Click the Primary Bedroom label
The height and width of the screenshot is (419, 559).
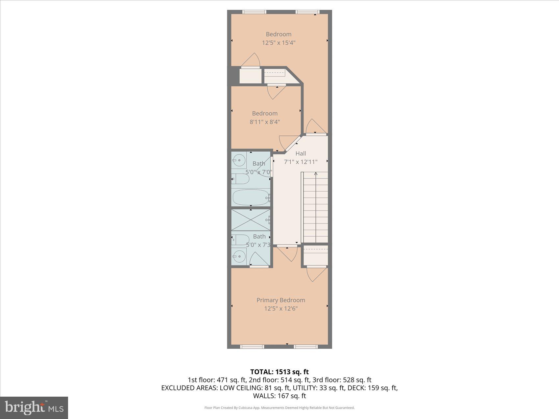(x=280, y=300)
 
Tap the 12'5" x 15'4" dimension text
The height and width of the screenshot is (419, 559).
(x=279, y=43)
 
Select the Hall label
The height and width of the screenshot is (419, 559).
(x=301, y=153)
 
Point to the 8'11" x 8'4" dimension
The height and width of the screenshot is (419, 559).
(x=265, y=122)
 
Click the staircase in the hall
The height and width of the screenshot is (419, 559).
(x=315, y=207)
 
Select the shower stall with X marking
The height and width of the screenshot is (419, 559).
(x=251, y=220)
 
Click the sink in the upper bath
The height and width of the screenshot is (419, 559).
(x=239, y=161)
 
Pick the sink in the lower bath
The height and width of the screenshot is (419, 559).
(x=239, y=255)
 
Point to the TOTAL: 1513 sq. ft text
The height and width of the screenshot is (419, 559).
(x=279, y=372)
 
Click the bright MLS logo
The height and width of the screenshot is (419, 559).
(x=34, y=408)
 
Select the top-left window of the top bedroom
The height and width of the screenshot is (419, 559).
(x=254, y=12)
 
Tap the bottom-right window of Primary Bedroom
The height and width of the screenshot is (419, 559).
(x=305, y=346)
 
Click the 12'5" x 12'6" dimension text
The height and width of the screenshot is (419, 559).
(x=281, y=309)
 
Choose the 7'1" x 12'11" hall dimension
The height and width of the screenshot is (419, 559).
(x=301, y=162)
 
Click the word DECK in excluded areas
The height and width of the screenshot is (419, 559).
(x=356, y=388)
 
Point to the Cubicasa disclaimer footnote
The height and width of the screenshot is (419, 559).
(x=279, y=408)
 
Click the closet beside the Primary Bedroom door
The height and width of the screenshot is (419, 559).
(x=315, y=256)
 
